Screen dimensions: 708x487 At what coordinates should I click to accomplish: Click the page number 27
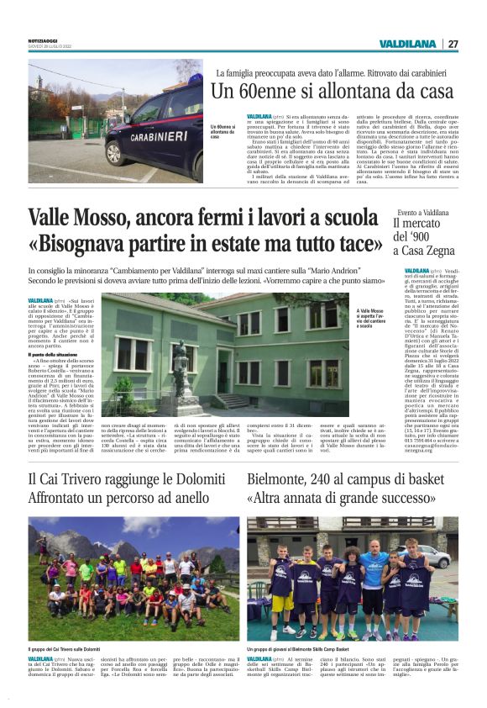point(453,44)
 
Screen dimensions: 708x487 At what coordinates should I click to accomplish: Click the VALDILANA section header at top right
point(406,44)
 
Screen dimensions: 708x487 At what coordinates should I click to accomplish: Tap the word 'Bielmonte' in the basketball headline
point(283,479)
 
